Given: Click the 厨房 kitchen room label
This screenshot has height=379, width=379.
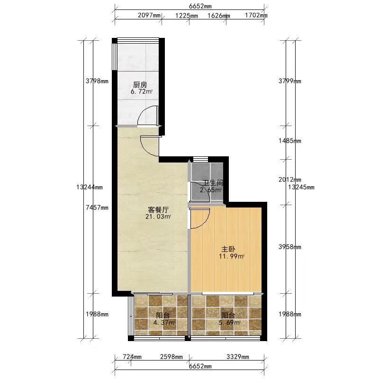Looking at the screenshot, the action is [140, 85].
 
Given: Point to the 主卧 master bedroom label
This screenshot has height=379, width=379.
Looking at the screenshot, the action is [229, 249].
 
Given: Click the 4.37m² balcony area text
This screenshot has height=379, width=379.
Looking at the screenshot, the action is [164, 323].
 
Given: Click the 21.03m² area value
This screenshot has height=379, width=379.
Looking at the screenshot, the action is [158, 217].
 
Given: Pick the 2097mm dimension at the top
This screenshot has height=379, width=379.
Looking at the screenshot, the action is [149, 16].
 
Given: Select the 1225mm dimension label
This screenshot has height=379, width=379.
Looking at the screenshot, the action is [186, 16].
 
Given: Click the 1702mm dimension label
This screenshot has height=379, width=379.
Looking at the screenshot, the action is [256, 16].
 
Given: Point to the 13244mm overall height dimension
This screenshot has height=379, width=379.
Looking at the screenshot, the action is [89, 187].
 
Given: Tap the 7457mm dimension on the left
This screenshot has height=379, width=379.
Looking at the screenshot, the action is [97, 208].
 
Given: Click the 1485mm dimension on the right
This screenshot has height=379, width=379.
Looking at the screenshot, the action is [290, 141].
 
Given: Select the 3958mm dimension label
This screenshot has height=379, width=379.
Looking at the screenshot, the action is [290, 247].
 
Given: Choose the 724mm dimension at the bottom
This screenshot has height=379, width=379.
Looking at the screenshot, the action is [132, 357].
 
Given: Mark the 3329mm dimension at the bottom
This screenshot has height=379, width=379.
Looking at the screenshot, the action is [238, 357].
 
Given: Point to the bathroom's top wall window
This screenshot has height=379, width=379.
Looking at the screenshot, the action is [200, 159].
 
